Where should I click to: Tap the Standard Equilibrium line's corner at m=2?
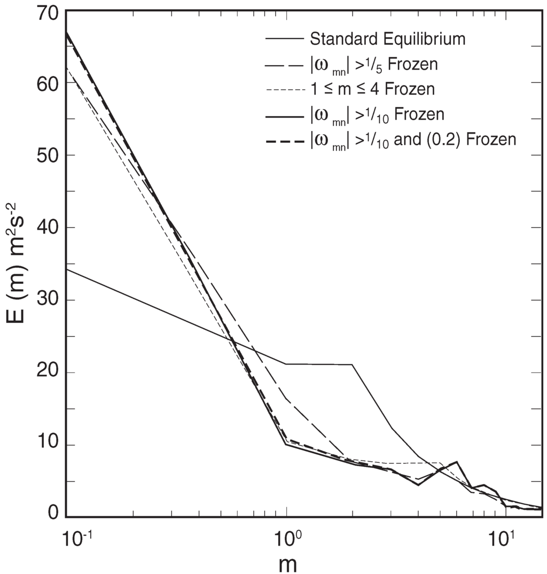pyautogui.click(x=352, y=364)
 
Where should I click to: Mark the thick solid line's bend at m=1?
pyautogui.click(x=287, y=444)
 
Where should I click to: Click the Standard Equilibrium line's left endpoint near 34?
pyautogui.click(x=66, y=269)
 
